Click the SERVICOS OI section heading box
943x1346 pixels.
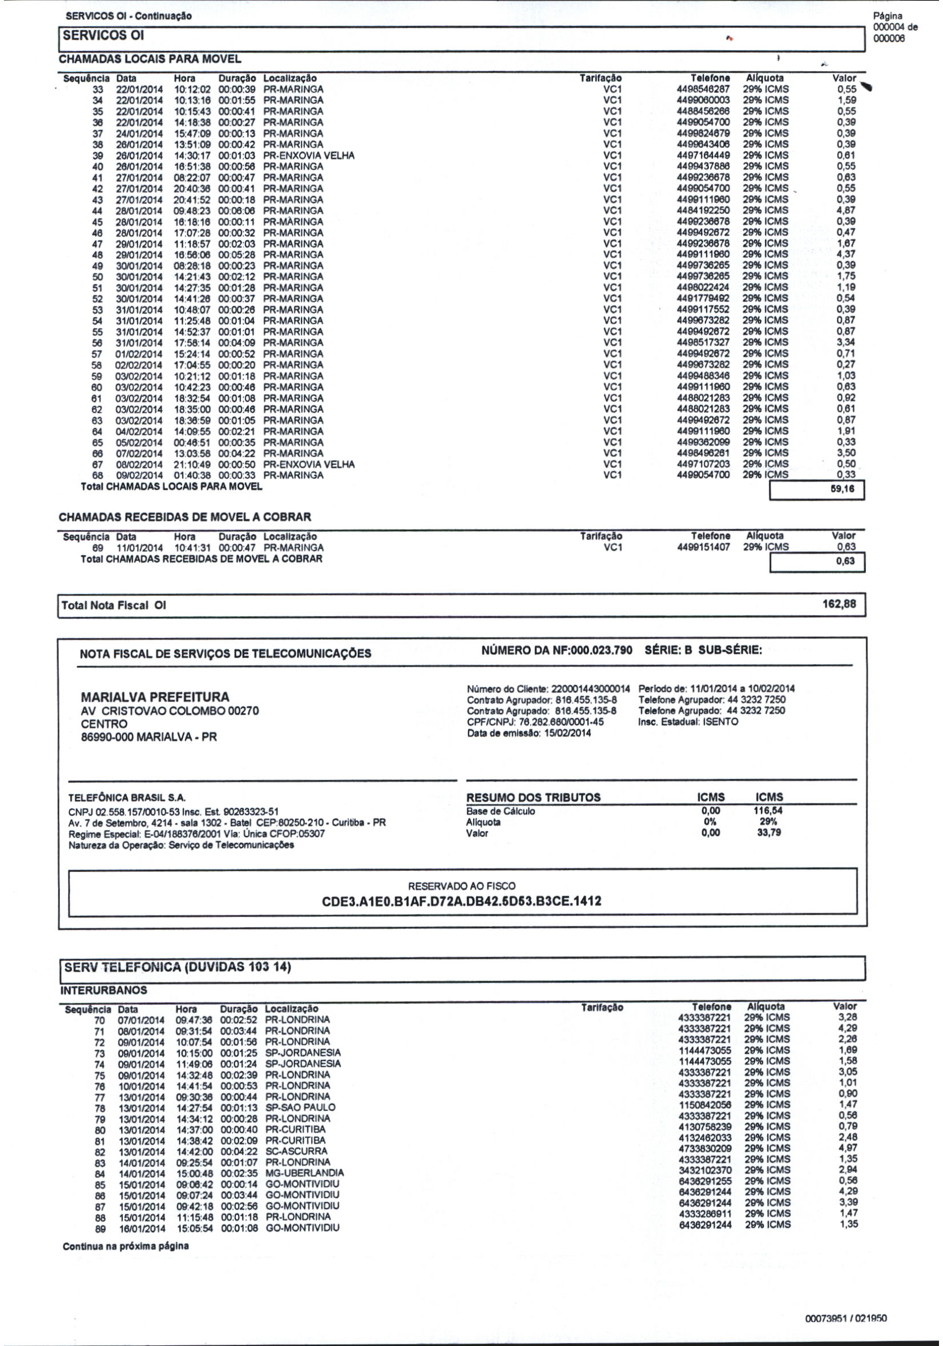(103, 36)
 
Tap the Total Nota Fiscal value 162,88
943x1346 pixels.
(839, 604)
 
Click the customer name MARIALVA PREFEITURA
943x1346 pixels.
(155, 697)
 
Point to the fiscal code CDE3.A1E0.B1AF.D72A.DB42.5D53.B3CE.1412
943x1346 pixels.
(462, 901)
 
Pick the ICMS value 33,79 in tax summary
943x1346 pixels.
(769, 832)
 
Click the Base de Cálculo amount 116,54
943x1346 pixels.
(769, 811)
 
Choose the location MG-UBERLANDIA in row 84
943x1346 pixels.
(304, 1173)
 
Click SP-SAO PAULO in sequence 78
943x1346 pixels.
(300, 1107)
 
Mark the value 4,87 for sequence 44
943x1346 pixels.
(845, 211)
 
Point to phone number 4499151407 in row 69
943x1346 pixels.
(703, 547)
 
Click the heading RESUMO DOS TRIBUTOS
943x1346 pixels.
(533, 797)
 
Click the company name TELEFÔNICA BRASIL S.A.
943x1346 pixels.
(127, 798)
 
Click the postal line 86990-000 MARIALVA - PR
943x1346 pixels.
(148, 737)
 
